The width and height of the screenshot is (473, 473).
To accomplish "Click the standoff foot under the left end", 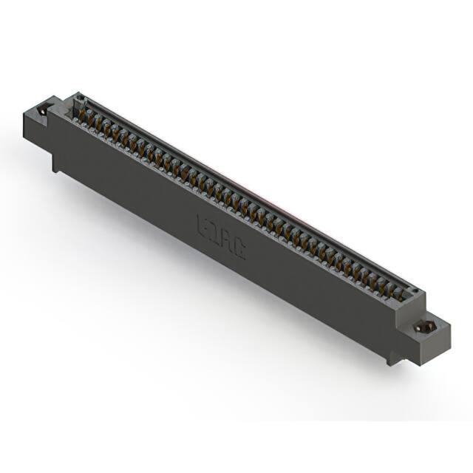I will [x=56, y=163].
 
